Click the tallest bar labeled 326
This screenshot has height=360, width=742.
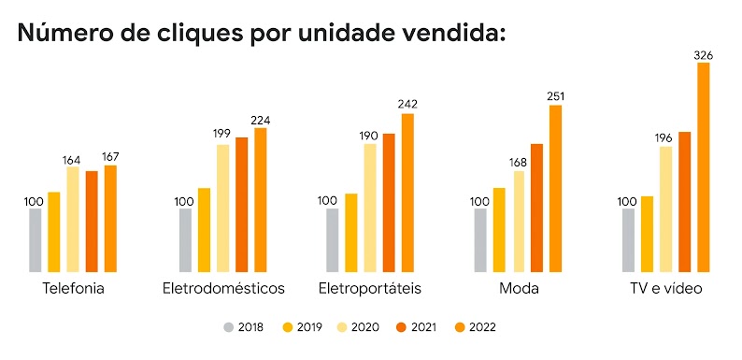pyautogui.click(x=704, y=167)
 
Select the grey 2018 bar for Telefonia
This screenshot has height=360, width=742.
pyautogui.click(x=36, y=240)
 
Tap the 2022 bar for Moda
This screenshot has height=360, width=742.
pyautogui.click(x=555, y=188)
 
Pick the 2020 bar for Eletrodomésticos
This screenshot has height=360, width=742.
pyautogui.click(x=222, y=208)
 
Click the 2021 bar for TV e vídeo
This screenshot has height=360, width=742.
pyautogui.click(x=685, y=202)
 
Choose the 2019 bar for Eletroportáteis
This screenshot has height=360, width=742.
pyautogui.click(x=351, y=233)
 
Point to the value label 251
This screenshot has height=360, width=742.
pyautogui.click(x=555, y=95)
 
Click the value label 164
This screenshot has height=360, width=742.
pyautogui.click(x=72, y=159)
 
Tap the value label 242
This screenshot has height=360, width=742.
pyautogui.click(x=407, y=104)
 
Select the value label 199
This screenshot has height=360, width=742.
pyautogui.click(x=222, y=137)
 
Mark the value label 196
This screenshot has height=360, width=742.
pyautogui.click(x=665, y=138)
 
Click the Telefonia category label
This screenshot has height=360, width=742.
pyautogui.click(x=73, y=288)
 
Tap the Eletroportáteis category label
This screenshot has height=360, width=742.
pyautogui.click(x=370, y=288)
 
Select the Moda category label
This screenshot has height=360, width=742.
pyautogui.click(x=519, y=288)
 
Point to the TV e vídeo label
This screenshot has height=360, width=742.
pyautogui.click(x=665, y=288)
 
